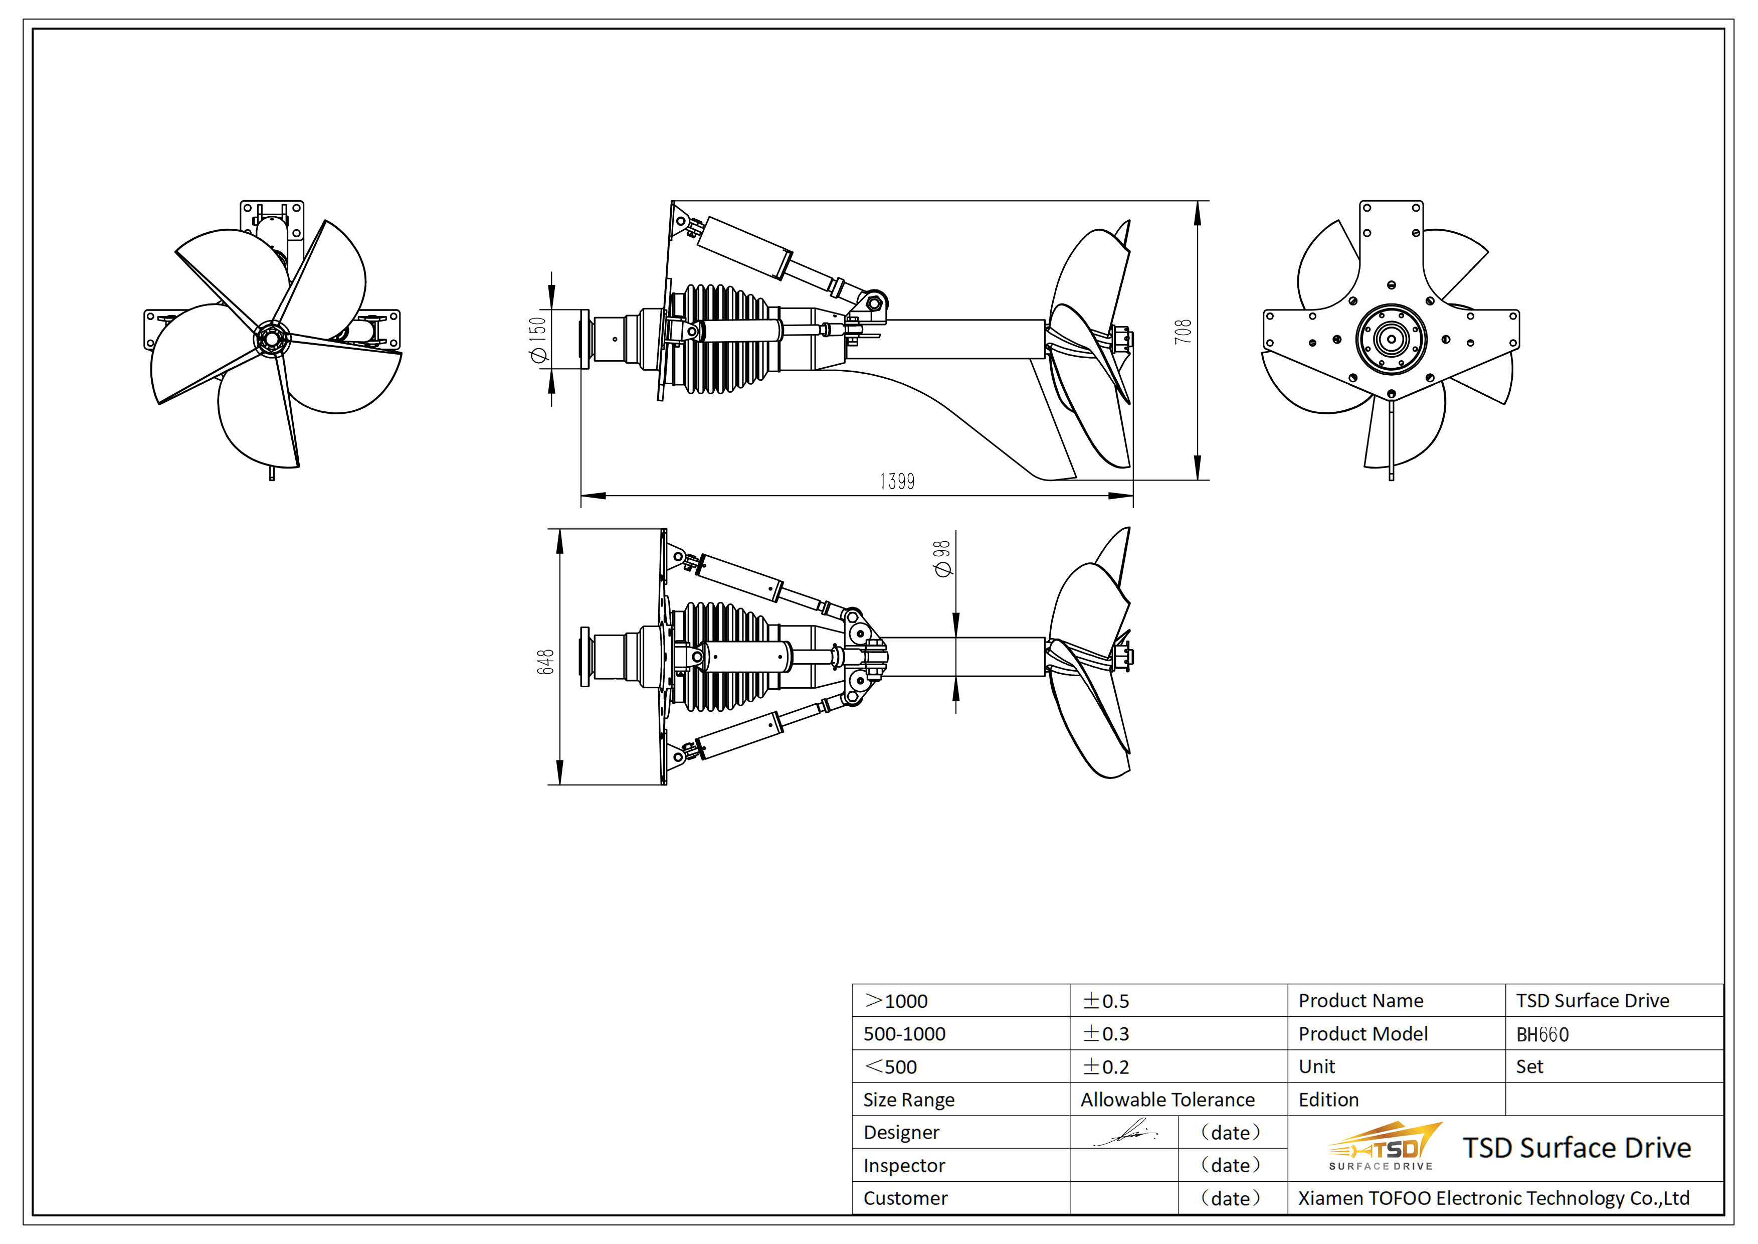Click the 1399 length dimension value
pyautogui.click(x=897, y=481)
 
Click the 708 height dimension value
pyautogui.click(x=1183, y=332)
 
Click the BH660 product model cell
pyautogui.click(x=1542, y=1035)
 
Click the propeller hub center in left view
pyautogui.click(x=272, y=339)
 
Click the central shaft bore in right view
pyautogui.click(x=1391, y=338)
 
